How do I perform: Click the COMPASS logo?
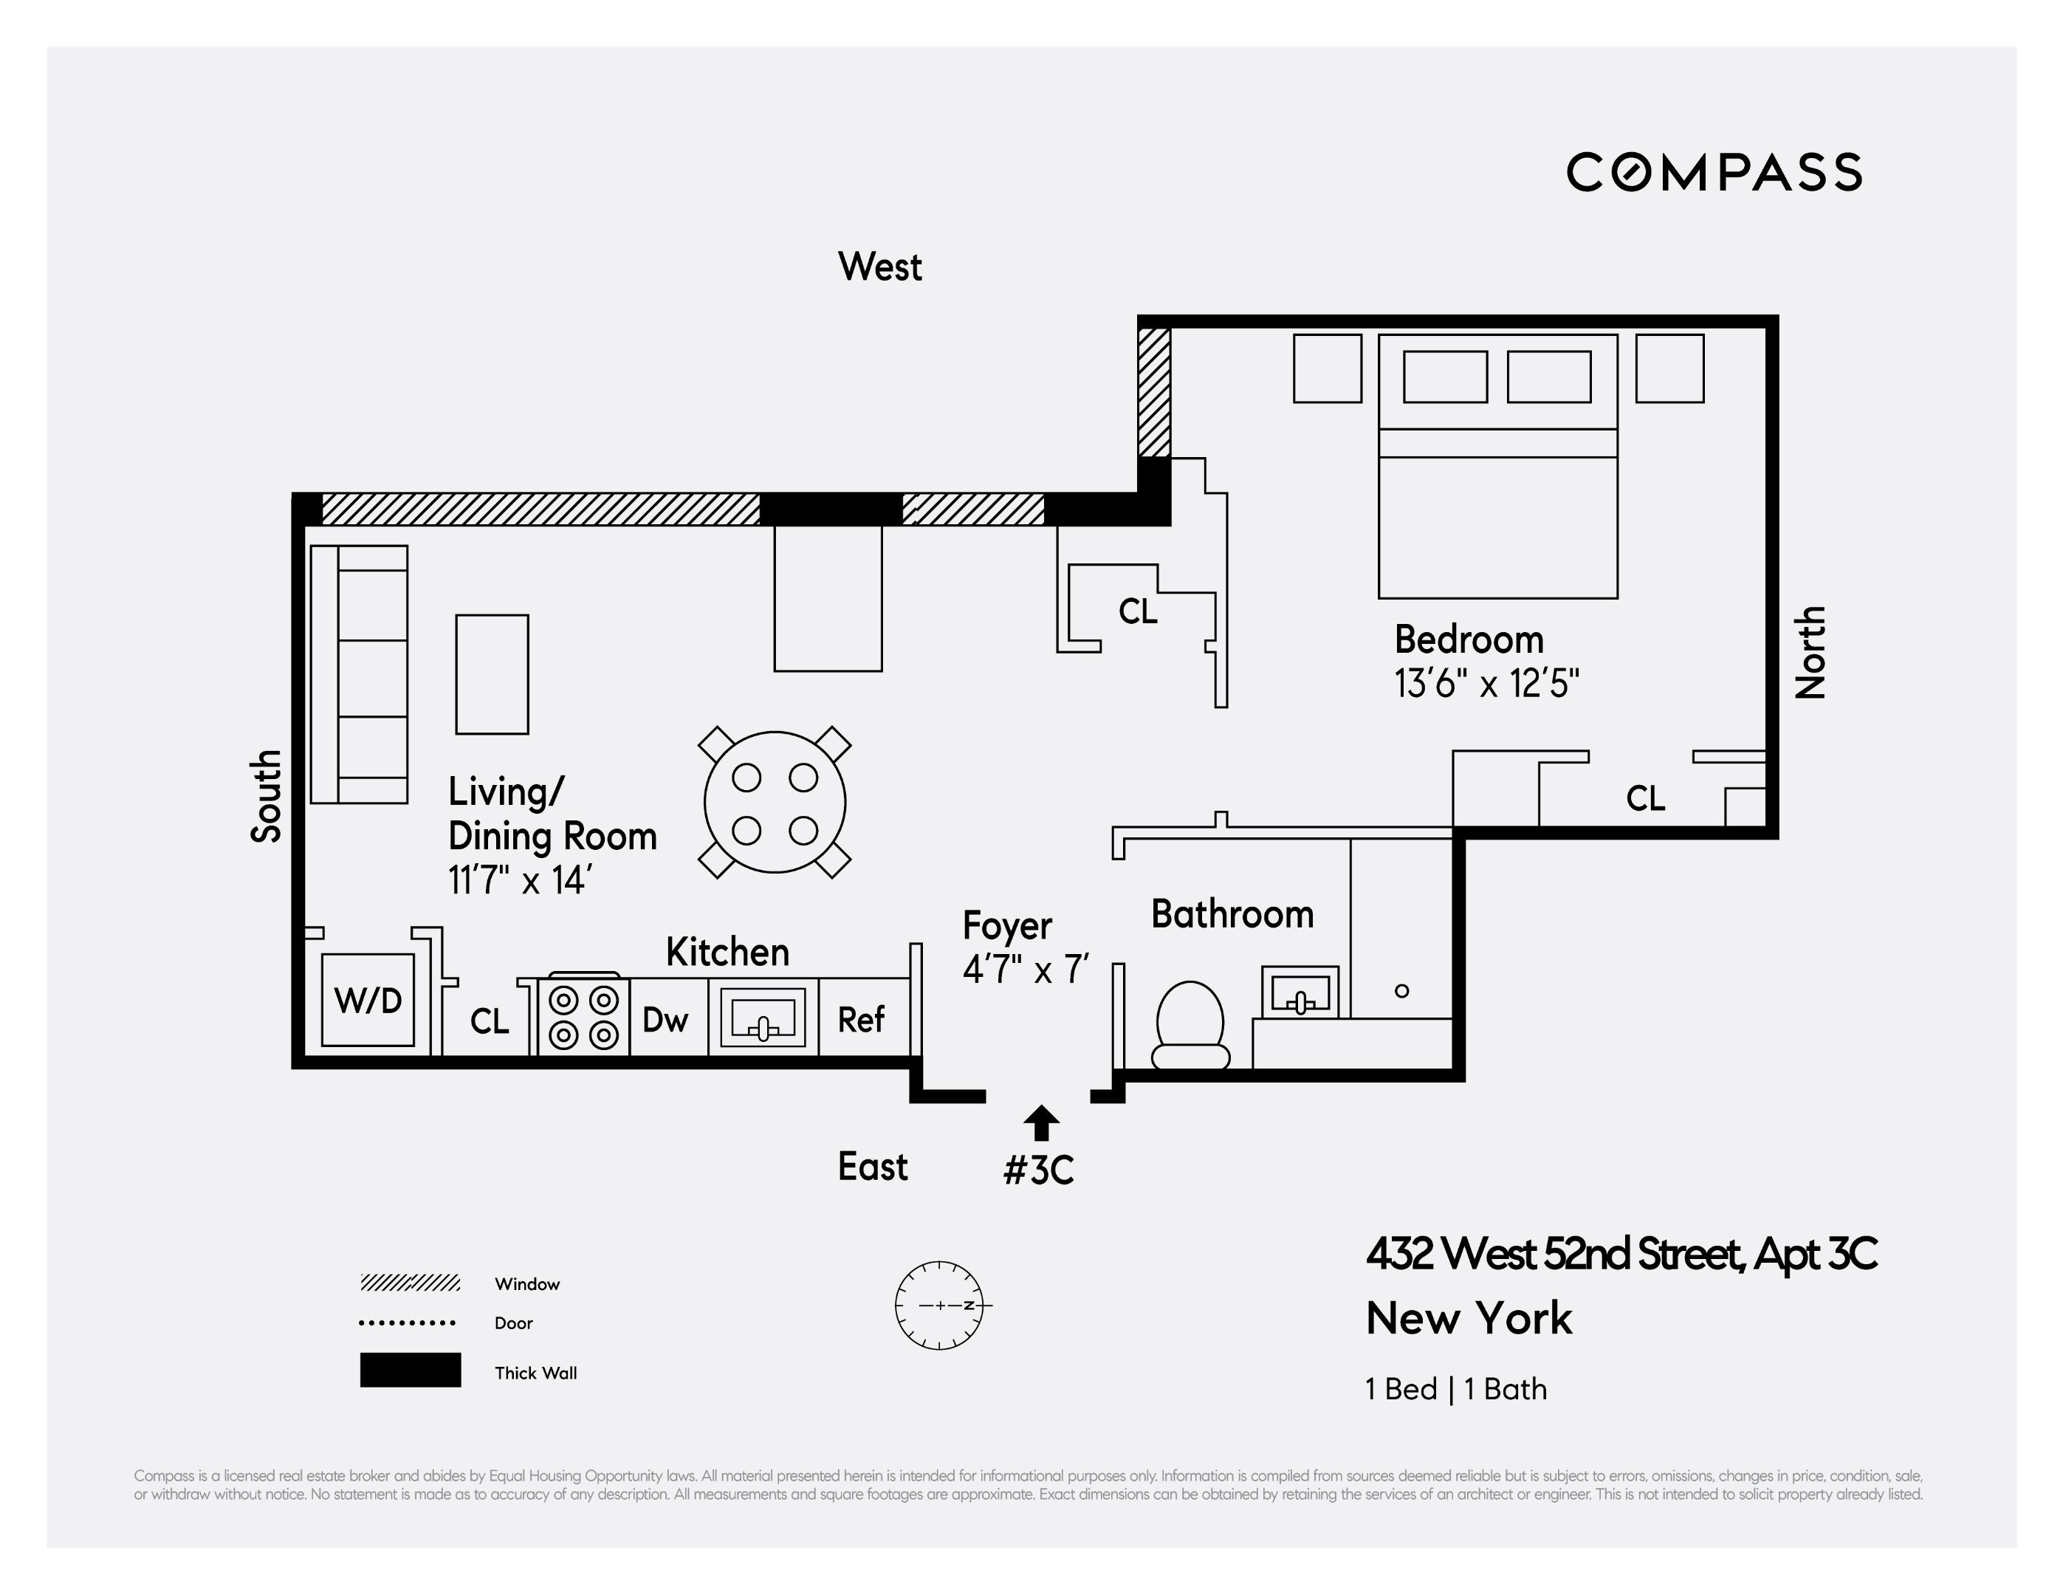pyautogui.click(x=1714, y=173)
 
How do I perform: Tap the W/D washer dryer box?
pyautogui.click(x=368, y=1000)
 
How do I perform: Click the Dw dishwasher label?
pyautogui.click(x=665, y=1020)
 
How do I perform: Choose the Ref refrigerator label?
pyautogui.click(x=860, y=1020)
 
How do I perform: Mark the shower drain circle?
pyautogui.click(x=1401, y=991)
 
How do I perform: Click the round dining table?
pyautogui.click(x=775, y=802)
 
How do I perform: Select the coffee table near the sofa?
pyautogui.click(x=492, y=675)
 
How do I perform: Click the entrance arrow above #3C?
pyautogui.click(x=1041, y=1122)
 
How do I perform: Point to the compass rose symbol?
pyautogui.click(x=939, y=1305)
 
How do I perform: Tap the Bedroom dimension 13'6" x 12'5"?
pyautogui.click(x=1486, y=683)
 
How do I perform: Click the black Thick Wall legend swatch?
pyautogui.click(x=410, y=1370)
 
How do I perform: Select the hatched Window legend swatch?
pyautogui.click(x=410, y=1282)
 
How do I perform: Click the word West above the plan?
pyautogui.click(x=879, y=267)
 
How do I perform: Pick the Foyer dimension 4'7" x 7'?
pyautogui.click(x=1026, y=970)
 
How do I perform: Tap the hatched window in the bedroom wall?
pyautogui.click(x=1153, y=392)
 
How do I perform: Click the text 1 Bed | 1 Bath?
pyautogui.click(x=1455, y=1389)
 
